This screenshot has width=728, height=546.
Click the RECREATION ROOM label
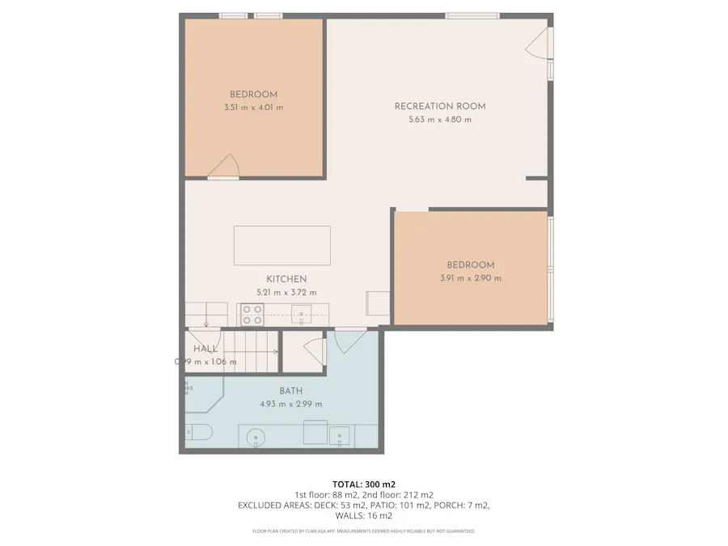tap(439, 106)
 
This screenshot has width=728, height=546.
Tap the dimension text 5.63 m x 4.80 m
tap(439, 120)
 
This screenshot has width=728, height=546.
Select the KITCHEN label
tap(286, 279)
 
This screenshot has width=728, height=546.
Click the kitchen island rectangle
tap(282, 245)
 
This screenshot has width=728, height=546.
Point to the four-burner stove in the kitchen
tap(252, 315)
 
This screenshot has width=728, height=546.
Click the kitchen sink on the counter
tap(303, 315)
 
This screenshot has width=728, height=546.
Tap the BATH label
tap(290, 391)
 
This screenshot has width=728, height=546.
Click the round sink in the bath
tap(256, 438)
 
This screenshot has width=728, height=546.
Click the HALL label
tap(205, 349)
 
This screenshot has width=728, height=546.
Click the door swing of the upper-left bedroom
tap(223, 166)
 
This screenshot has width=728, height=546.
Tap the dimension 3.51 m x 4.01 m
tap(253, 108)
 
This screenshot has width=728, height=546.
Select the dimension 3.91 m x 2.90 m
tap(470, 278)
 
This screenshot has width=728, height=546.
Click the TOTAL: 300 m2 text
tap(363, 484)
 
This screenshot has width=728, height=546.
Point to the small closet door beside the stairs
tap(312, 352)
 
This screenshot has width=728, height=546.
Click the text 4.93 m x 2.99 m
tap(290, 404)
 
